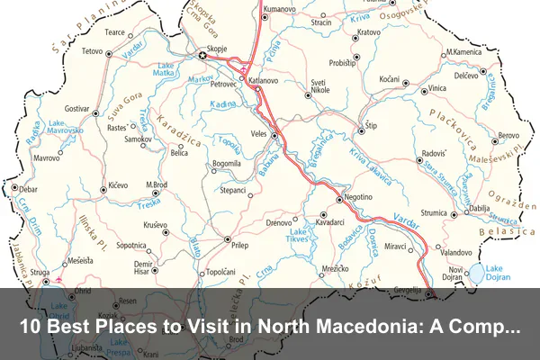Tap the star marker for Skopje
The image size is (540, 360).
202,57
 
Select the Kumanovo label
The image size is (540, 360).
280,9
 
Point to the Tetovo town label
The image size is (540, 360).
93,52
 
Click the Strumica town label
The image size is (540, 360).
434,212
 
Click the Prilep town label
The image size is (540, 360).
238,244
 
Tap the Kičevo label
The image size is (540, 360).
119,184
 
